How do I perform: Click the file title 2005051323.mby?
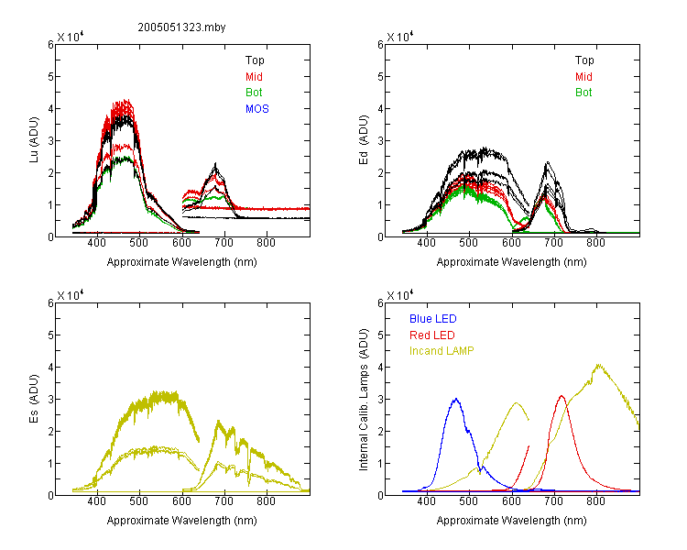click(x=181, y=27)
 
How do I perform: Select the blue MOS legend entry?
click(x=256, y=109)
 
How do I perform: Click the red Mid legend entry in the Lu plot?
click(x=254, y=77)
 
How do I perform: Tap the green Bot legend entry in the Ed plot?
click(x=583, y=93)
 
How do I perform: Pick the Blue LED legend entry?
click(x=433, y=319)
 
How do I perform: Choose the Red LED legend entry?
click(x=432, y=335)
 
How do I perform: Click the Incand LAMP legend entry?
click(x=442, y=351)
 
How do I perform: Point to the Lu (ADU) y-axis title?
click(x=34, y=140)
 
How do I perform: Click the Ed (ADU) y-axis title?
click(x=364, y=140)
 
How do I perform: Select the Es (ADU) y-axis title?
click(x=34, y=399)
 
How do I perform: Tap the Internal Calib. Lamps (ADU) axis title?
click(x=364, y=399)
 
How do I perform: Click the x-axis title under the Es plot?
click(x=182, y=521)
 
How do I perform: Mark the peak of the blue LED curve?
click(x=456, y=399)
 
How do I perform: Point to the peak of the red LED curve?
click(x=562, y=396)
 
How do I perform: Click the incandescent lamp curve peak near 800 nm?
click(x=598, y=365)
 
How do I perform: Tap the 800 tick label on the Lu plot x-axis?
click(x=266, y=243)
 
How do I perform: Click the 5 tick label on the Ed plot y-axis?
click(x=380, y=77)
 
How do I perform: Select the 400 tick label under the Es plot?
click(x=97, y=501)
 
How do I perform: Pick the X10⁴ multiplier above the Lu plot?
click(x=71, y=37)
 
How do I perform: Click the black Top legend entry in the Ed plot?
click(x=584, y=60)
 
